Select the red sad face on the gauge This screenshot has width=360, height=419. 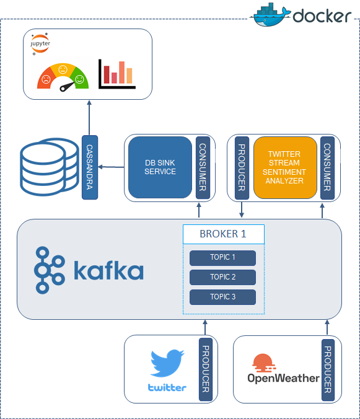[46, 79]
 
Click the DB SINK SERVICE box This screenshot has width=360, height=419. [160, 167]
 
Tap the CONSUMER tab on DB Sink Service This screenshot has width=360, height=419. [201, 167]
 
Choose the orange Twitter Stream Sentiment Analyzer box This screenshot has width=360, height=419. [284, 167]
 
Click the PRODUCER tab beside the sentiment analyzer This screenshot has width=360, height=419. [242, 167]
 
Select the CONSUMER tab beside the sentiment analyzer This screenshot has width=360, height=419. [327, 167]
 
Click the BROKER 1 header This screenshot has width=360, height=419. [223, 234]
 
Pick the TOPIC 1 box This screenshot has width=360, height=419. [222, 258]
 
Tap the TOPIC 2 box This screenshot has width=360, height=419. [222, 277]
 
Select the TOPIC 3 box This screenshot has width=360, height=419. [222, 297]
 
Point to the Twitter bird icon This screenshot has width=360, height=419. [167, 363]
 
